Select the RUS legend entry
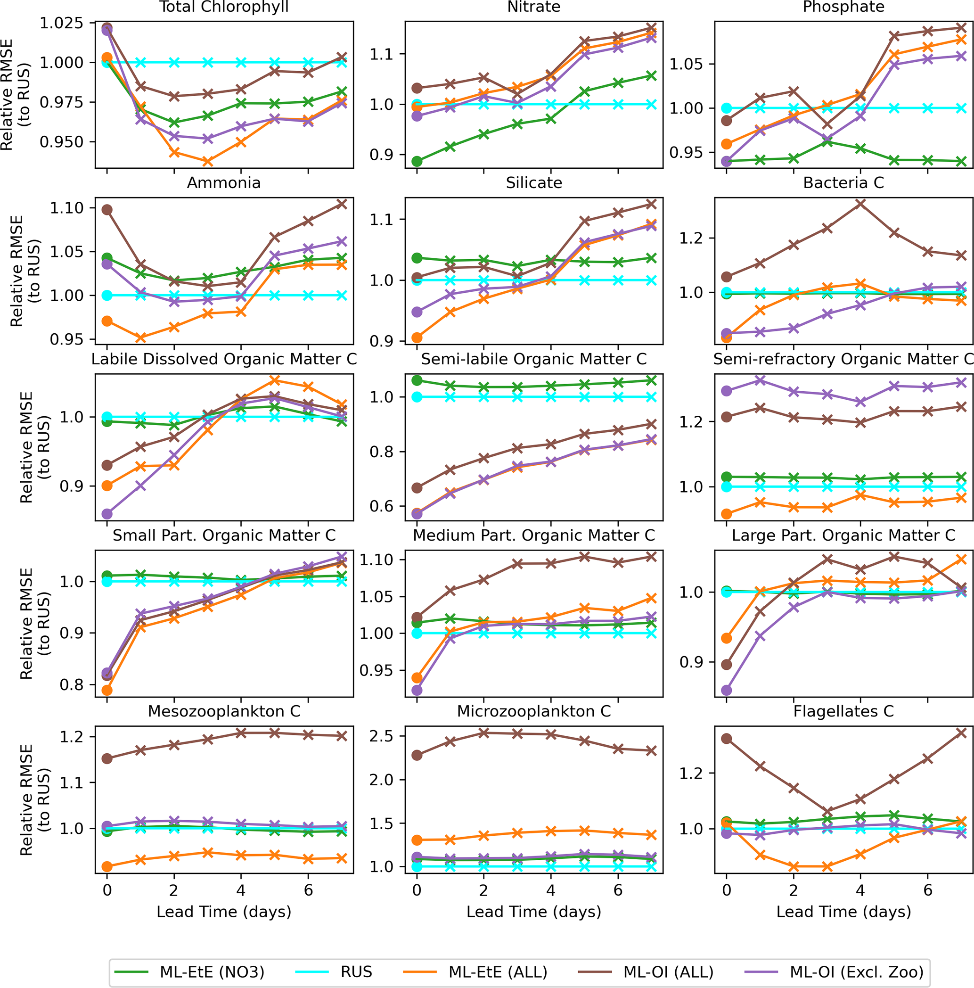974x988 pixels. pos(356,972)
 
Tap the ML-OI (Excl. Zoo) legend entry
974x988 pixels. pos(856,972)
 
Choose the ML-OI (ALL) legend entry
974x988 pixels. pos(668,972)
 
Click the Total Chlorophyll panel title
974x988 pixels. pos(224,7)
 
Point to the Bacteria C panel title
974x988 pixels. pos(843,182)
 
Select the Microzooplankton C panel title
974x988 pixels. pos(534,711)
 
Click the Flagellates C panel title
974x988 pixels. pos(843,711)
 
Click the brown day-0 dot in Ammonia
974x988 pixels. pos(107,210)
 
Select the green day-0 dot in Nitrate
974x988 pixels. pos(417,162)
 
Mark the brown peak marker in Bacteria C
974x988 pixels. pos(860,204)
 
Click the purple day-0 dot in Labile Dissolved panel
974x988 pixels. pos(107,513)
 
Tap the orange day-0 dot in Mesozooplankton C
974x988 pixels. pos(107,866)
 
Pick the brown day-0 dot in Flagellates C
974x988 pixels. pos(727,739)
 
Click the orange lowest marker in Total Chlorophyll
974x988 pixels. pos(208,162)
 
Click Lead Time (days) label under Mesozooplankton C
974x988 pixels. pos(224,912)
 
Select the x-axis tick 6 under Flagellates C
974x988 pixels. pos(927,890)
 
